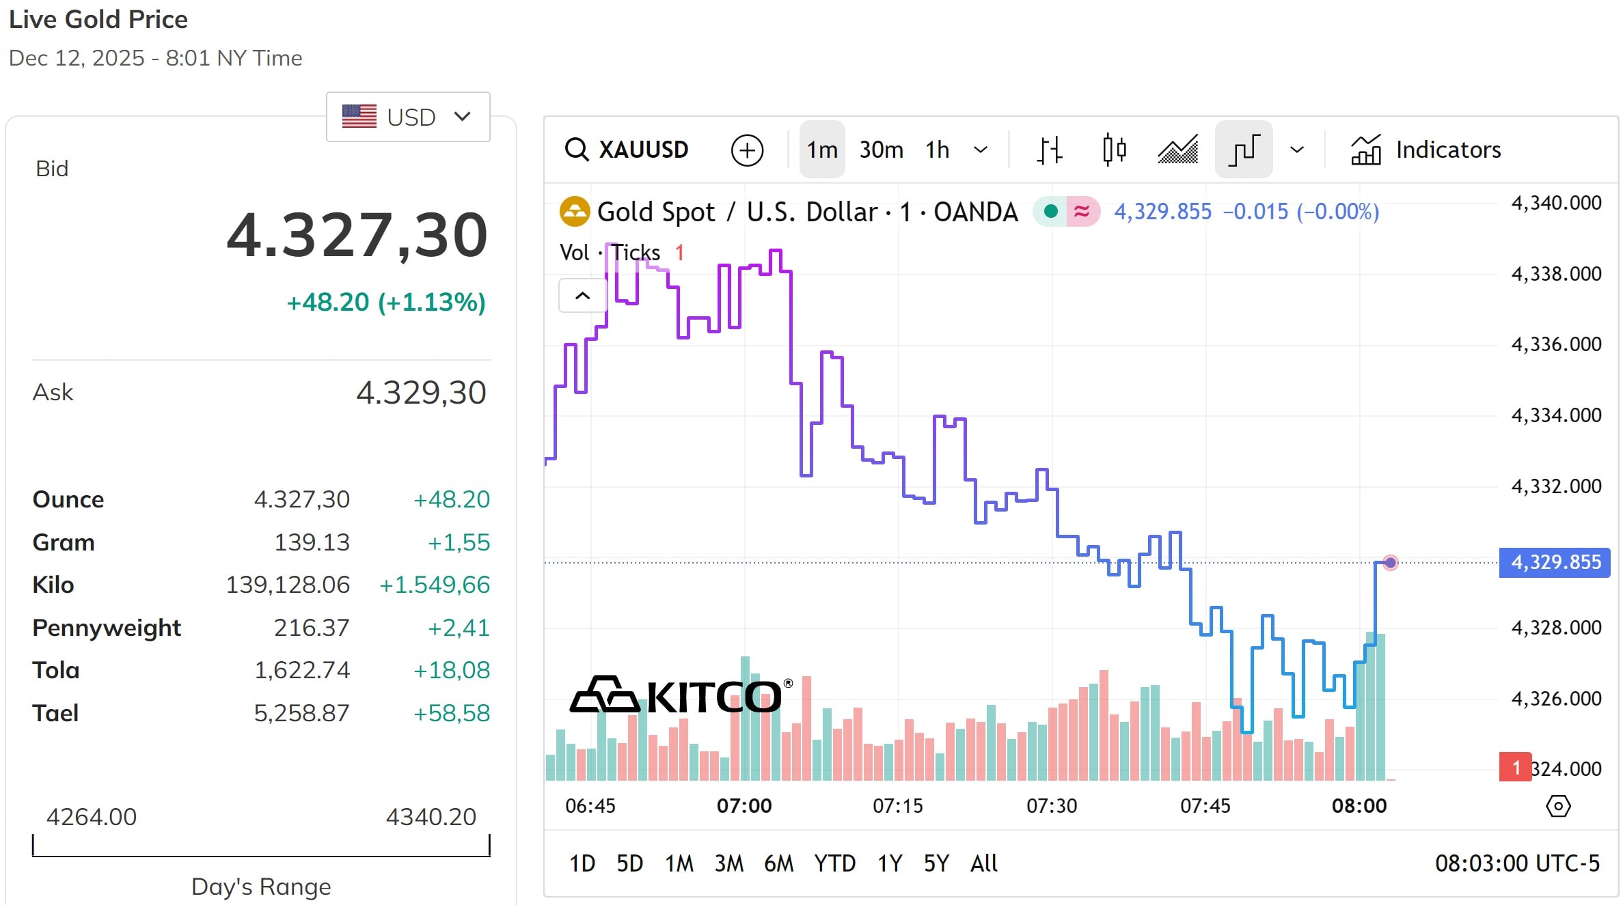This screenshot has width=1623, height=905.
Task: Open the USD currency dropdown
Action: coord(408,117)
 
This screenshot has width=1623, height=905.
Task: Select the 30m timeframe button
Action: coord(881,150)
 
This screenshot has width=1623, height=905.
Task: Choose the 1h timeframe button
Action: coord(937,150)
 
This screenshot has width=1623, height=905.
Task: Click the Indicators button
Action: coord(1426,150)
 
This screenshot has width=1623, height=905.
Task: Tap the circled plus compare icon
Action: coord(747,150)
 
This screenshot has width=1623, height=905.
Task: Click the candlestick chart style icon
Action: coord(1114,150)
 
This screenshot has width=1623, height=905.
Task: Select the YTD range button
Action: coord(834,863)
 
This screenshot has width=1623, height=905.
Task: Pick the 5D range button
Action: coord(629,863)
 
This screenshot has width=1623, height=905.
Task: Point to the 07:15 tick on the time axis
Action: coord(897,806)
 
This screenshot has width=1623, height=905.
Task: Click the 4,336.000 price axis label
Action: coord(1556,344)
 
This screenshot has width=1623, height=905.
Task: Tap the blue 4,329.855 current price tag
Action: coord(1555,562)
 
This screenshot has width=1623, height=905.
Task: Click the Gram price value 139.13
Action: coord(312,542)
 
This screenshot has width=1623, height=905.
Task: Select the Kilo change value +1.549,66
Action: coord(435,585)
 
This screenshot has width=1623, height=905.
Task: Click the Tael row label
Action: coord(55,713)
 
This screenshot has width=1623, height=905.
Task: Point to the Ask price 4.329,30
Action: coord(421,393)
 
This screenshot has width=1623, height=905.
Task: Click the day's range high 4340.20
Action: coord(431,817)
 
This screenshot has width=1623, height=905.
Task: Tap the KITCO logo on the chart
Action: coord(681,695)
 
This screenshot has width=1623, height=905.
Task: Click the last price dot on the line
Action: coord(1390,563)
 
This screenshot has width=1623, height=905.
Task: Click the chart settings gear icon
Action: coord(1558,806)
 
